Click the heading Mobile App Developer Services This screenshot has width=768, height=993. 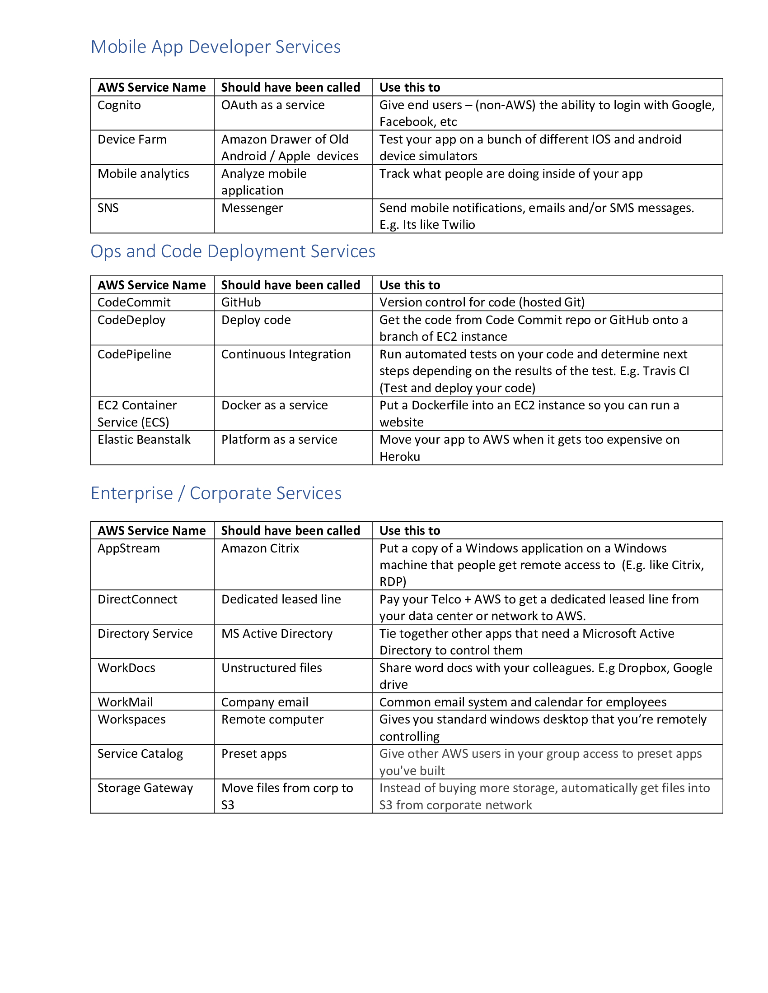pyautogui.click(x=215, y=47)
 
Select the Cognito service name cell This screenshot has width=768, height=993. pyautogui.click(x=119, y=105)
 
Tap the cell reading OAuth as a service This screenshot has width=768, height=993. pyautogui.click(x=272, y=105)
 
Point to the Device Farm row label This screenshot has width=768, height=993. pyautogui.click(x=132, y=139)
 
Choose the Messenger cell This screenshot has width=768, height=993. pyautogui.click(x=252, y=208)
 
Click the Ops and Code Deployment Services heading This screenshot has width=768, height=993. pyautogui.click(x=233, y=251)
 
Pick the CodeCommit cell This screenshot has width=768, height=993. pyautogui.click(x=134, y=302)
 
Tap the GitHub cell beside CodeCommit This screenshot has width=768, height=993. pyautogui.click(x=241, y=302)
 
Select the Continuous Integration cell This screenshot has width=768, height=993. pyautogui.click(x=286, y=354)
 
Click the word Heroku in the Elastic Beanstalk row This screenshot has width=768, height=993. pyautogui.click(x=399, y=456)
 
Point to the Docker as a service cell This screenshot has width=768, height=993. pyautogui.click(x=274, y=405)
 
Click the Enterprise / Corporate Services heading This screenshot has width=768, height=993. pyautogui.click(x=215, y=493)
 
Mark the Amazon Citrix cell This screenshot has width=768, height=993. pyautogui.click(x=260, y=548)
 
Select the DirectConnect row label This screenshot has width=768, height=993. pyautogui.click(x=137, y=599)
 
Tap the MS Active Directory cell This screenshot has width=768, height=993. pyautogui.click(x=276, y=633)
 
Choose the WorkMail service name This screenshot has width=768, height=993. pyautogui.click(x=125, y=702)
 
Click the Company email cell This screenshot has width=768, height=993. pyautogui.click(x=264, y=702)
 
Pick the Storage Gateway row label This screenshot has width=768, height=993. pyautogui.click(x=145, y=788)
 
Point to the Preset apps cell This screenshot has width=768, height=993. pyautogui.click(x=254, y=754)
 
